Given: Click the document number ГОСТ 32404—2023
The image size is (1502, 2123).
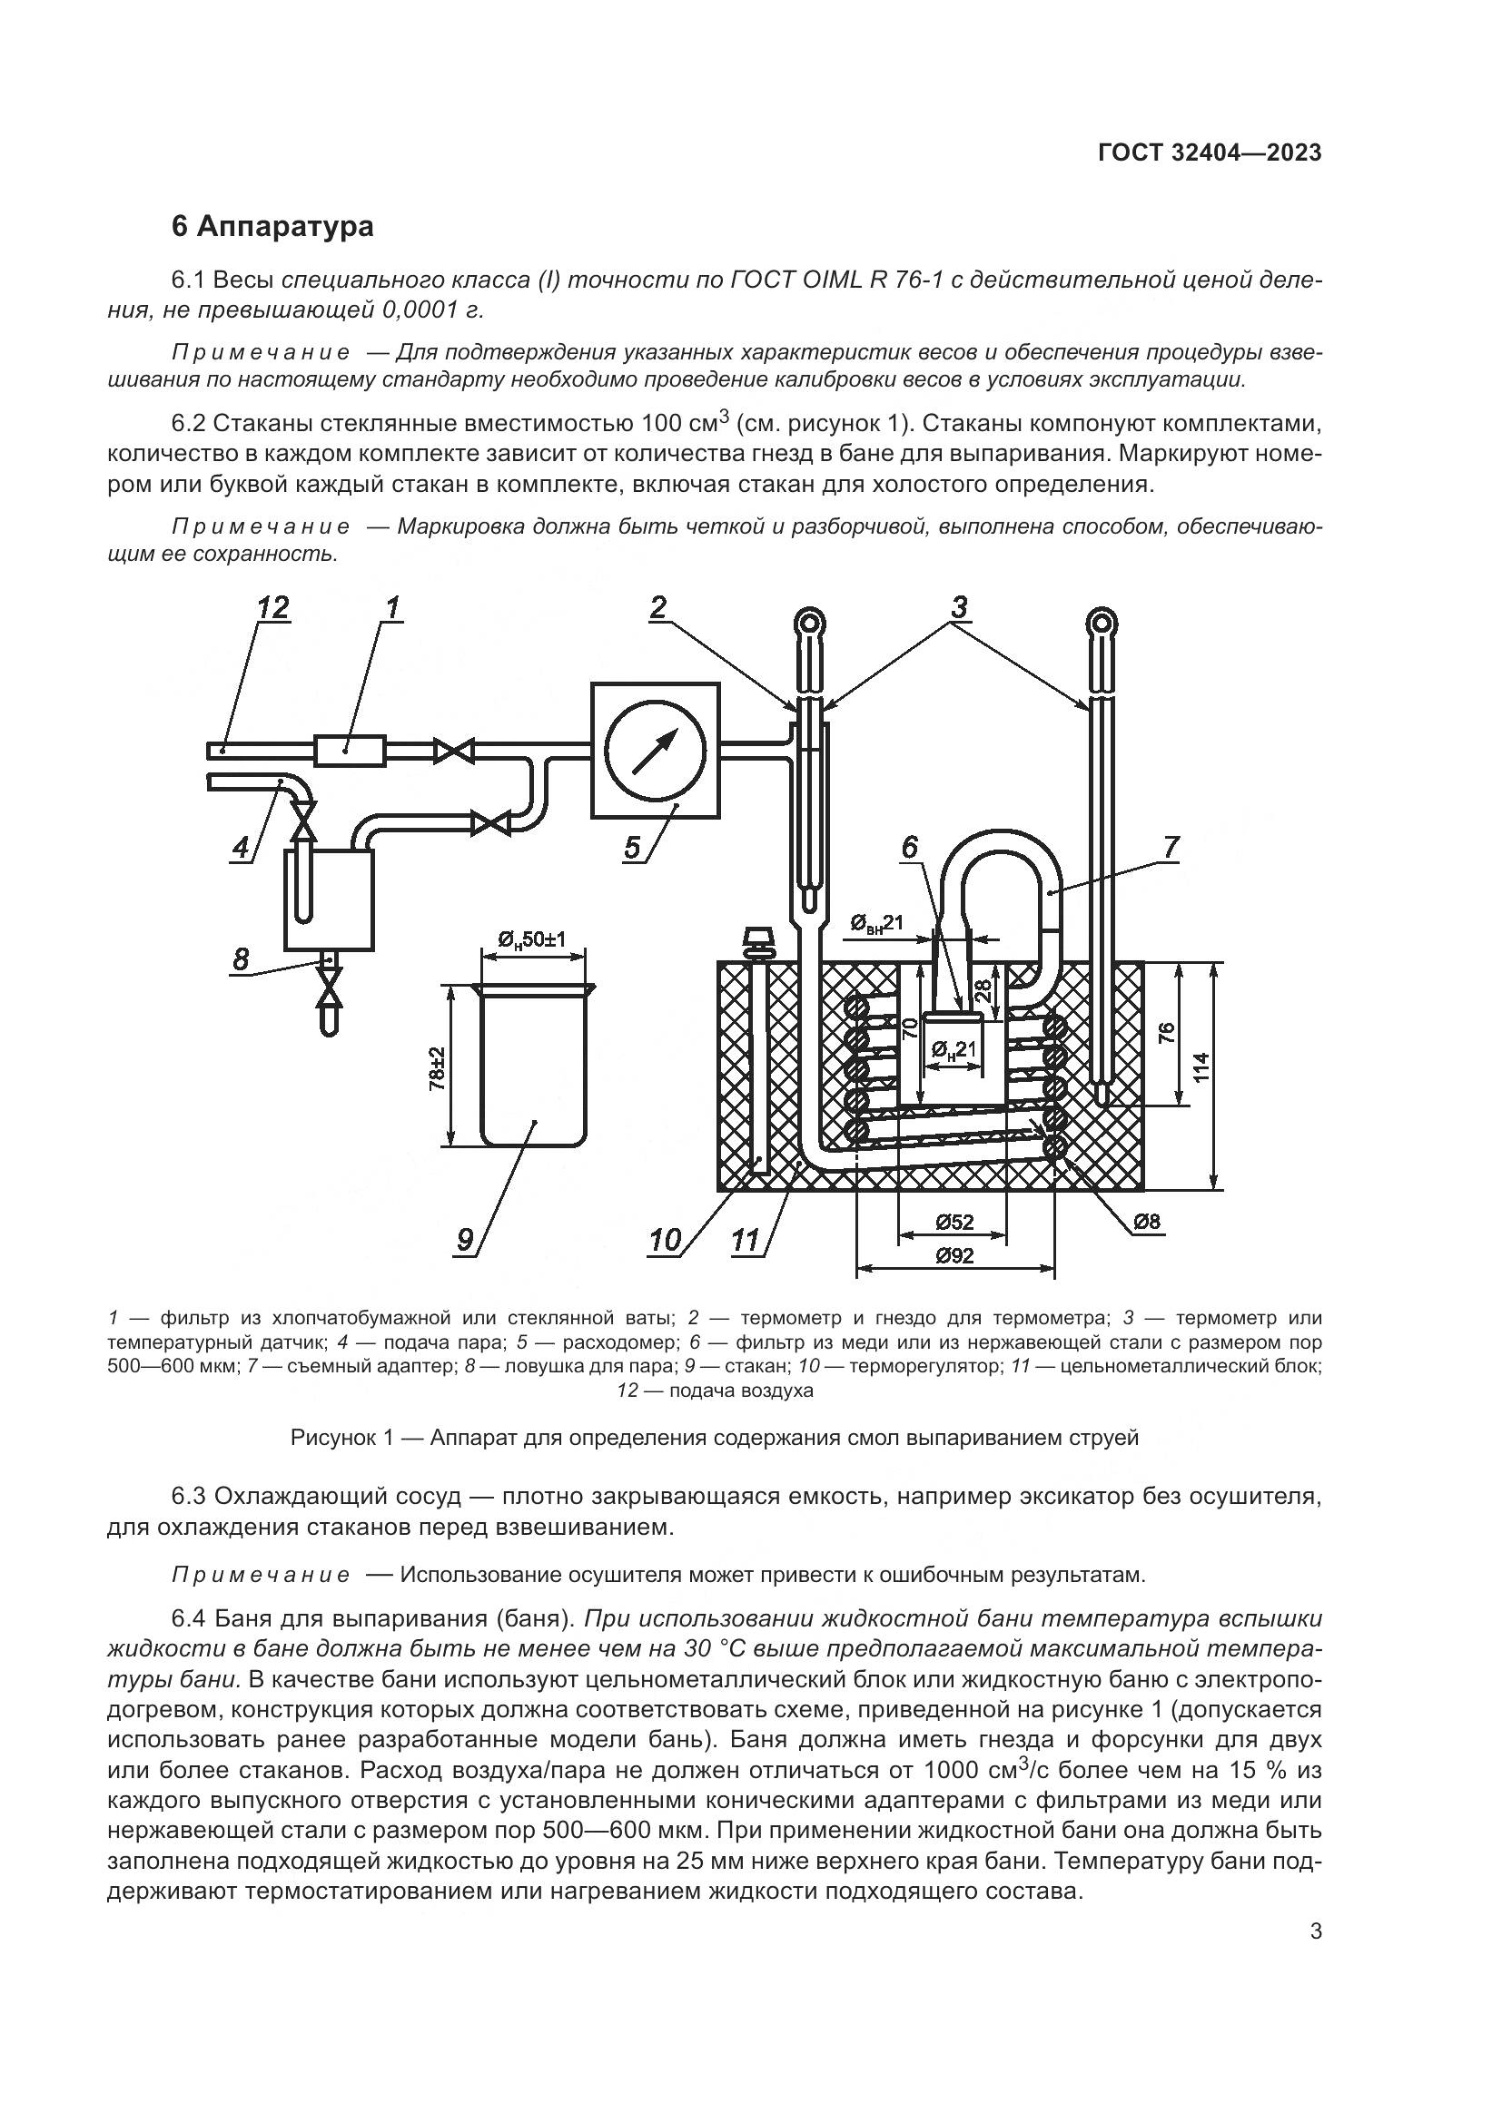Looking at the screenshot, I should [x=1209, y=152].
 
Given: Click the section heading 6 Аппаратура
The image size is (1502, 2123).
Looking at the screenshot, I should [x=272, y=227].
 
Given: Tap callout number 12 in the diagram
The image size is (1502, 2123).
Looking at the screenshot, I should [x=272, y=607].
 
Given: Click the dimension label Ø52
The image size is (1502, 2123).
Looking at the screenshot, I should [x=954, y=1222].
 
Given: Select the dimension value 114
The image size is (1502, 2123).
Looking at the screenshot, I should [x=1201, y=1075].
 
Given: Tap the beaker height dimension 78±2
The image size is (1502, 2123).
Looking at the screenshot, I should [x=438, y=1068].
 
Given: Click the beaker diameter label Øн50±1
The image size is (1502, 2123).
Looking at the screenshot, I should [x=532, y=940].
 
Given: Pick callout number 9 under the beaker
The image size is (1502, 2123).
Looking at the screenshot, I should [x=465, y=1239].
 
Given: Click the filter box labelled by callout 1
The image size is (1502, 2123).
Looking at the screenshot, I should [x=350, y=750].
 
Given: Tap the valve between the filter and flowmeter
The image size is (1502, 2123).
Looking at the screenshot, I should [x=454, y=750].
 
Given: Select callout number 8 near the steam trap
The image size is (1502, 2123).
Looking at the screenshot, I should [x=241, y=958].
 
